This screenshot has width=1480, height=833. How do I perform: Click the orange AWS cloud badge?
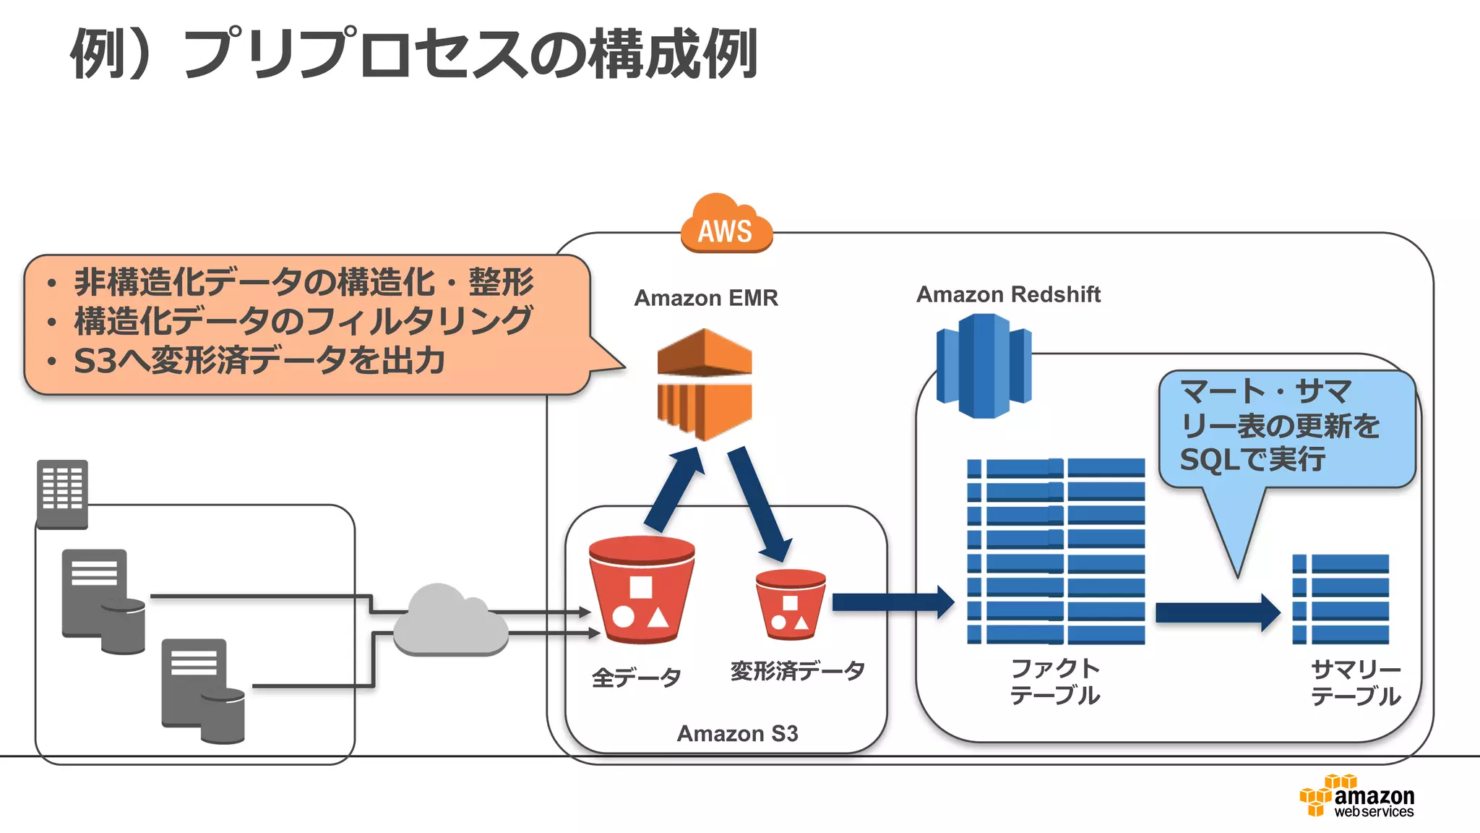tap(726, 225)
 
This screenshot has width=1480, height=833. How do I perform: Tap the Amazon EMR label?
tap(706, 298)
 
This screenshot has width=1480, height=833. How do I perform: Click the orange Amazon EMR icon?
tap(705, 384)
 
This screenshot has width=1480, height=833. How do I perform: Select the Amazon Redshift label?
tap(1008, 294)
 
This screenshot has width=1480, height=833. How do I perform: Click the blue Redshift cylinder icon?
tap(983, 365)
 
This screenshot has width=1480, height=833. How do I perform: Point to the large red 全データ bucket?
tap(641, 590)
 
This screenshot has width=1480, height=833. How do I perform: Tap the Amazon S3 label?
tap(737, 733)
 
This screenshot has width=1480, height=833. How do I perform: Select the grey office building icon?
tap(62, 494)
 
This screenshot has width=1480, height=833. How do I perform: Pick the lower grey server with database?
tap(202, 691)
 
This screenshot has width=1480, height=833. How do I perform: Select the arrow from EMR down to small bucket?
tap(758, 503)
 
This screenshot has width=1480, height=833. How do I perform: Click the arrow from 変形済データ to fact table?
tap(892, 602)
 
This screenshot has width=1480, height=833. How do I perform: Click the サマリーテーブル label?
tap(1355, 683)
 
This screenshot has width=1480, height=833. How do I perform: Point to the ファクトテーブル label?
tap(1054, 681)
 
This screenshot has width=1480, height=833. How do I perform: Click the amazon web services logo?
tap(1357, 797)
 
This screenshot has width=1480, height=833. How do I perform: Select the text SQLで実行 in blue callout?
tap(1252, 459)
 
